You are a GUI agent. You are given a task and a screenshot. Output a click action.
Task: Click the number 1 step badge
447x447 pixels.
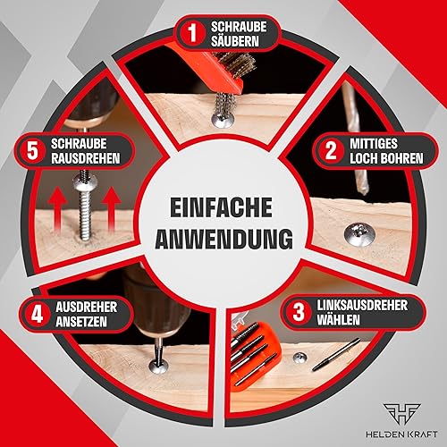click(x=193, y=32)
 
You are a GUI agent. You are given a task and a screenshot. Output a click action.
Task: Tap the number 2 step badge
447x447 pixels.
click(x=331, y=151)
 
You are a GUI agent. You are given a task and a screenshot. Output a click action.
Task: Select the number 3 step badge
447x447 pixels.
click(x=299, y=312)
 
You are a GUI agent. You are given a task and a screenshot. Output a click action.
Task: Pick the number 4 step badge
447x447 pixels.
click(x=38, y=314)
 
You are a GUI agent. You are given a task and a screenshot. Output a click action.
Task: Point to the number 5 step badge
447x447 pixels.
click(x=32, y=150)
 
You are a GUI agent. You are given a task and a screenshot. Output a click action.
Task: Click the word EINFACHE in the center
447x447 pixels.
click(x=221, y=207)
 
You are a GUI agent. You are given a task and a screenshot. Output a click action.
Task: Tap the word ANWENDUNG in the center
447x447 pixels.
click(x=223, y=239)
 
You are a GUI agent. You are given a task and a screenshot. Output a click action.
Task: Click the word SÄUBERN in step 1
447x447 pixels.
click(x=235, y=41)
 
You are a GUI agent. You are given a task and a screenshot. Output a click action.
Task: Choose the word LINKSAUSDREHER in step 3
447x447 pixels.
click(x=362, y=305)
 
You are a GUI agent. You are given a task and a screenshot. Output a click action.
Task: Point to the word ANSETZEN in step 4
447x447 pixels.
click(x=81, y=322)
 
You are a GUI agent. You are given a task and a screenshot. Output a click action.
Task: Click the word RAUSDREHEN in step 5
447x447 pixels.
click(x=85, y=158)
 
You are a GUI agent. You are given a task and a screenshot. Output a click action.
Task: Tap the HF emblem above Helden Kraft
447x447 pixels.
click(x=401, y=416)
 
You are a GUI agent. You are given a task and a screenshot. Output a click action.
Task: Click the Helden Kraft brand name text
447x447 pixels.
click(x=401, y=434)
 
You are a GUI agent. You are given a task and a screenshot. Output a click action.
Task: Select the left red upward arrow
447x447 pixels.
click(x=58, y=210)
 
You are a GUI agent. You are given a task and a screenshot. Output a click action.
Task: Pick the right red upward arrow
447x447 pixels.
click(x=111, y=209)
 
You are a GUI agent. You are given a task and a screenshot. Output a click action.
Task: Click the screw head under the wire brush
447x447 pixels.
click(x=223, y=121)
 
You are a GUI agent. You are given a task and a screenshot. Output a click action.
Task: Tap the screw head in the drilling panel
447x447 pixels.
click(x=359, y=234)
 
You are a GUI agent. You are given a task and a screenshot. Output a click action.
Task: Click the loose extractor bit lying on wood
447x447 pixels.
click(x=336, y=355)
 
